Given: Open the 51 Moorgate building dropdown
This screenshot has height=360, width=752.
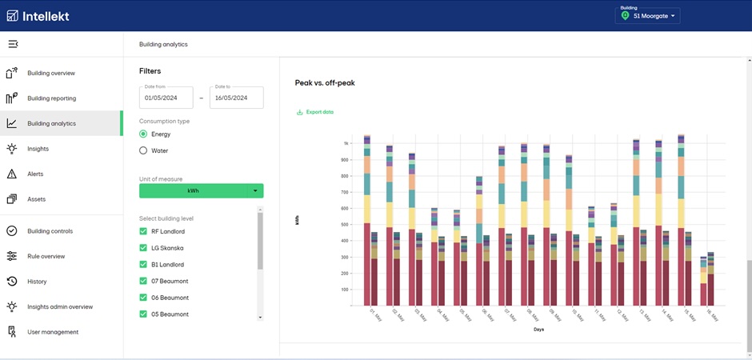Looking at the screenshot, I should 647,16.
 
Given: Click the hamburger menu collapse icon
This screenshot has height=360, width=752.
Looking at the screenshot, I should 13,44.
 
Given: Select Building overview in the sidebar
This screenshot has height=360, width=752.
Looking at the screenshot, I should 51,73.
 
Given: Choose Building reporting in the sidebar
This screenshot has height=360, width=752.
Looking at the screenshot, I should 51,98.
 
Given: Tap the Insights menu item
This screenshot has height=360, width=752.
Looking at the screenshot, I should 38,149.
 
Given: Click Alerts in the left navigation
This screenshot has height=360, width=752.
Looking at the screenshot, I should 35,174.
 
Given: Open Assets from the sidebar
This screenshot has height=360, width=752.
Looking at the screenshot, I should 36,199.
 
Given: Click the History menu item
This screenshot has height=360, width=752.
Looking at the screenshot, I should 37,282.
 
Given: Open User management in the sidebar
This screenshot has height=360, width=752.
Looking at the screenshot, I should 53,332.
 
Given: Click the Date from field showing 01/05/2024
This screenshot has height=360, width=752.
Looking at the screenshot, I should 166,98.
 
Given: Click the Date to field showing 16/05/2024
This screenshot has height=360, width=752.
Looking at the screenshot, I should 236,98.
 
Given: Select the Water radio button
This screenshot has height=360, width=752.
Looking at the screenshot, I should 144,150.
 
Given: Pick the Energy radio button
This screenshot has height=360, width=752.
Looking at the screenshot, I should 144,134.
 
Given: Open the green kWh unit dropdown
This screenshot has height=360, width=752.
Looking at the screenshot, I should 201,190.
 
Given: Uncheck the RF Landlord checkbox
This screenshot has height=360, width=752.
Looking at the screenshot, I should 144,231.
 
